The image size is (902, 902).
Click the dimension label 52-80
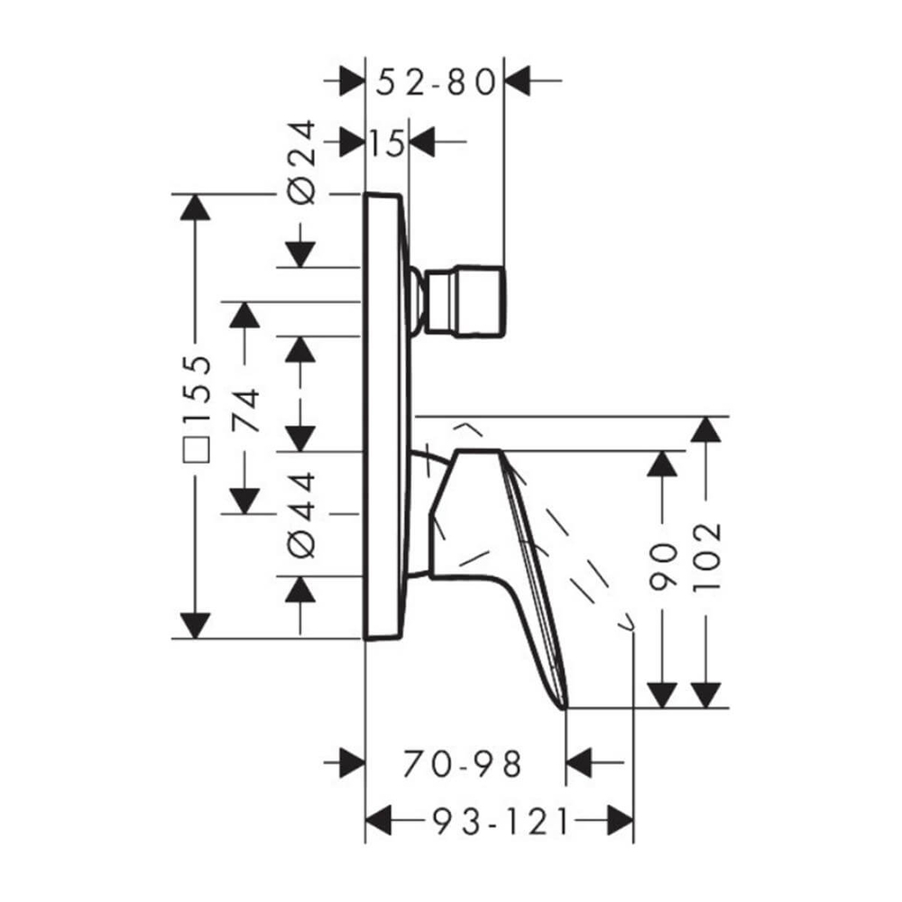pos(436,82)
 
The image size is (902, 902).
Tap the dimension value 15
pos(386,143)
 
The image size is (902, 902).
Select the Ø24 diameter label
pos(302,161)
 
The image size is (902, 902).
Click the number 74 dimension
pos(245,410)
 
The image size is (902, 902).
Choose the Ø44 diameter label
pos(302,515)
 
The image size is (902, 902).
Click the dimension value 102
pos(706,557)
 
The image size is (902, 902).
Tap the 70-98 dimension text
pos(463,764)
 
